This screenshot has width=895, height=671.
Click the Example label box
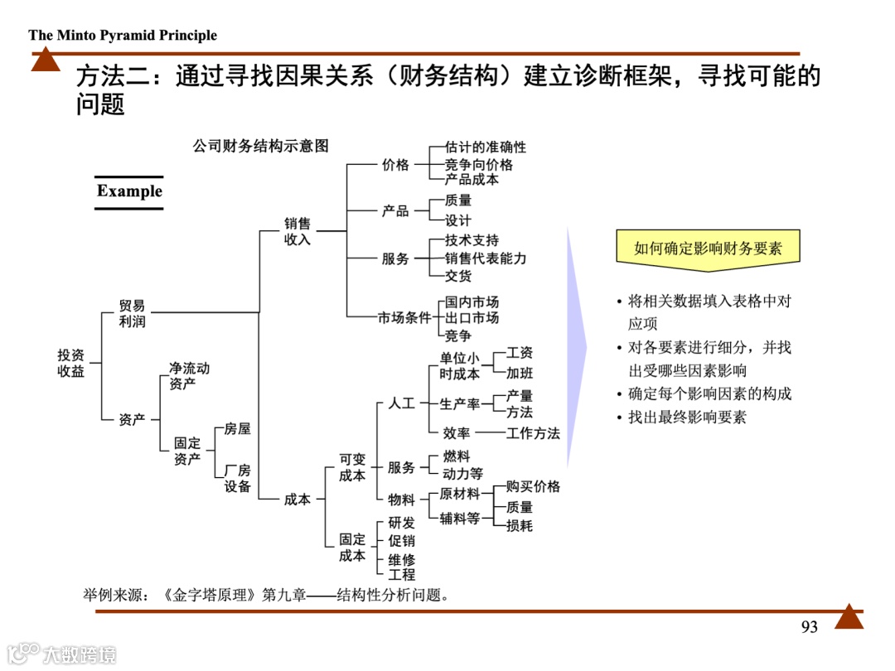[x=129, y=191]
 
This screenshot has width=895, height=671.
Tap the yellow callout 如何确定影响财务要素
[x=708, y=248]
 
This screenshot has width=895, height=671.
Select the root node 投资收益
[x=71, y=363]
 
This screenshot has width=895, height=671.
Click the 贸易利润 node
[x=132, y=313]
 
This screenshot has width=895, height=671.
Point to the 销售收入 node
[x=298, y=231]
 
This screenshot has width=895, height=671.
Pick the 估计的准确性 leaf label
[x=486, y=147]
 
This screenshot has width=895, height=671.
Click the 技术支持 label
[x=472, y=240]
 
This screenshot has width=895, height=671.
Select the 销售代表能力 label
[x=486, y=258]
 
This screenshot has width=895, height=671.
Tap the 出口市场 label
[x=472, y=318]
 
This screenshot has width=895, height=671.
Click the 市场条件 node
[x=405, y=318]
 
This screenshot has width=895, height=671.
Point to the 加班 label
[x=520, y=373]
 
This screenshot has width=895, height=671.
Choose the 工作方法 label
[x=533, y=433]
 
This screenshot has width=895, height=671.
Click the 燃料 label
[x=457, y=456]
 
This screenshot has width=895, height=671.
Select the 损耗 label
[x=520, y=525]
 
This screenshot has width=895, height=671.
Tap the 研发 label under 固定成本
[x=401, y=524]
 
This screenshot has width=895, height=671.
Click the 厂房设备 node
[x=238, y=478]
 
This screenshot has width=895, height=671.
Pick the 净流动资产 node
[x=189, y=375]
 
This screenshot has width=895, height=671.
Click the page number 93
[x=810, y=627]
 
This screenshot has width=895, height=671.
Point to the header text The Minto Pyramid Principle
[x=123, y=35]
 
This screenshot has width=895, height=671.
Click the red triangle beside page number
[x=849, y=617]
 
